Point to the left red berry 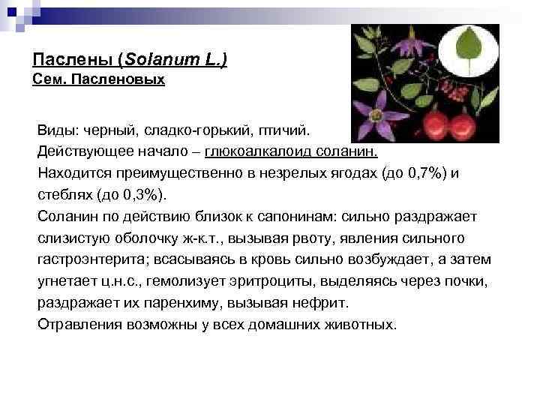pos(437,122)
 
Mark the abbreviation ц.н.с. pos(115,282)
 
